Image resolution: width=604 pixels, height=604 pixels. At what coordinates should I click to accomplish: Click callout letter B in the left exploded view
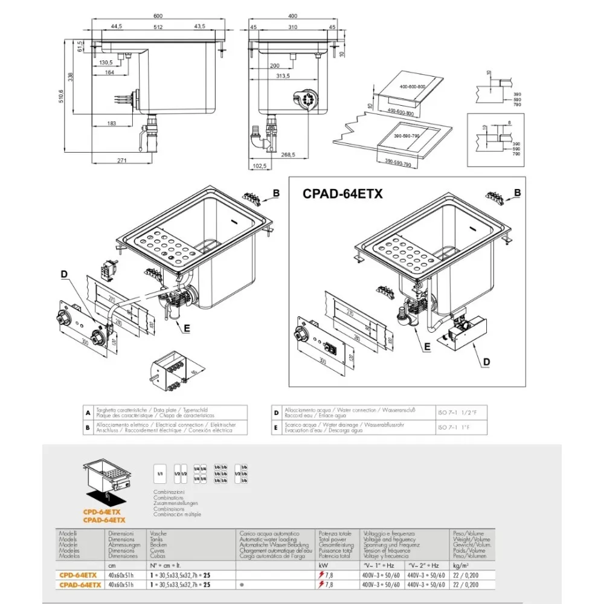point(275,193)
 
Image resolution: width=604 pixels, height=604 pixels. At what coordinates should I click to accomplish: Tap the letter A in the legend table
point(88,413)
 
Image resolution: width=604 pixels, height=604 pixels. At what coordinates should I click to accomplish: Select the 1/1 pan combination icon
point(160,471)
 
